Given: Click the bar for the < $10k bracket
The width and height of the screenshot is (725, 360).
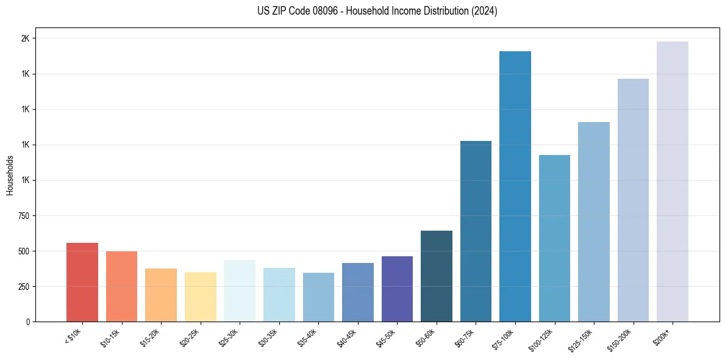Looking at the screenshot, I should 82,282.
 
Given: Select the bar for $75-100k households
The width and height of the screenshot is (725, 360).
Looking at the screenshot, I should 515,186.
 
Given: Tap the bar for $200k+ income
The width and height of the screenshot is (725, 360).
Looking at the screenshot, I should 673,181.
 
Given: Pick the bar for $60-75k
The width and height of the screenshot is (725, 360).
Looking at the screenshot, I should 476,231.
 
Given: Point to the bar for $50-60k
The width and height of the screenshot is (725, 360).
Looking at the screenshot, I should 437,276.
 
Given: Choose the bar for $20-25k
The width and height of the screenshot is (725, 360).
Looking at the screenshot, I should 201,297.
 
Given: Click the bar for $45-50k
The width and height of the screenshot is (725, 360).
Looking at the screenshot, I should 397,289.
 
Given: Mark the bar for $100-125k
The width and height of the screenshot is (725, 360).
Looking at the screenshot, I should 554,238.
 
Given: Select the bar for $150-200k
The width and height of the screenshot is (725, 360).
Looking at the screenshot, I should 633,200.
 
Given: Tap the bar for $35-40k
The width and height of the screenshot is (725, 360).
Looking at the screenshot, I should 318,297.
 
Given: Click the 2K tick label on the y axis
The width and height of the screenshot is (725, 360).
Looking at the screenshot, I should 25,38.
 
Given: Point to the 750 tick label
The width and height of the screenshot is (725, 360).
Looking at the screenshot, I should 23,216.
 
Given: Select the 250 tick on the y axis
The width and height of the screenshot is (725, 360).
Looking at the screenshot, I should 23,287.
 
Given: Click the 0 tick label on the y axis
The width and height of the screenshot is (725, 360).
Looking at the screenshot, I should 27,322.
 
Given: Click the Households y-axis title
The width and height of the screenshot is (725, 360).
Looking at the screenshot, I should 10,175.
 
